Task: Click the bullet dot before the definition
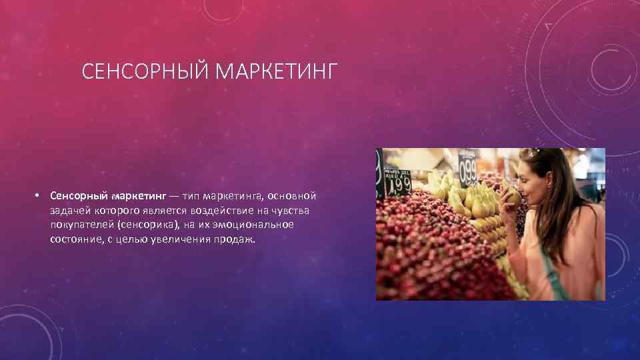[x=40, y=195]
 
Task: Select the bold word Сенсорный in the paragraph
[x=75, y=196]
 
